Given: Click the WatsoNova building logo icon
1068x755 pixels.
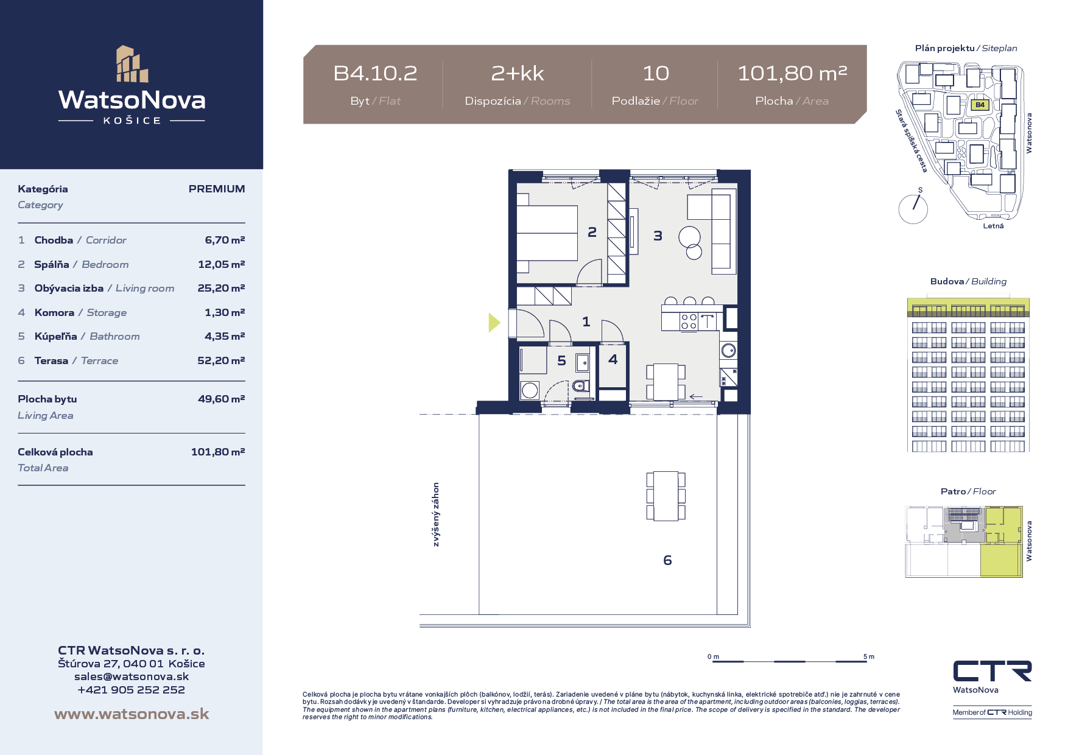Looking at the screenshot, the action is [x=132, y=64].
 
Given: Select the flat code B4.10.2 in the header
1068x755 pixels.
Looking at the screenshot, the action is [x=375, y=73].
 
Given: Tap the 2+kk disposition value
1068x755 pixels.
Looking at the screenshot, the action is [x=518, y=73].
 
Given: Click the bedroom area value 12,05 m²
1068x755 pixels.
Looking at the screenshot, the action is [x=221, y=264].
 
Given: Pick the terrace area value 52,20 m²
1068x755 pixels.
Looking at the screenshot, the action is [x=221, y=360].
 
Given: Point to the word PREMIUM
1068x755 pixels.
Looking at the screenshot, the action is [x=217, y=189].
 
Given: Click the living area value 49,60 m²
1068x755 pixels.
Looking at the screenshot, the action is [x=221, y=399].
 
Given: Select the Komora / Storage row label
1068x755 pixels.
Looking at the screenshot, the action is [x=81, y=312].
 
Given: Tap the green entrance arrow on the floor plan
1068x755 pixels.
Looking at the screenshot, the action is [x=494, y=322].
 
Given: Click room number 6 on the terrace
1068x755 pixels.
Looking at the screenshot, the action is [x=667, y=560].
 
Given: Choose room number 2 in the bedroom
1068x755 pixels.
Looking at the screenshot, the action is [x=592, y=232].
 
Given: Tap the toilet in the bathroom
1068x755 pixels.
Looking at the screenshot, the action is [x=581, y=385].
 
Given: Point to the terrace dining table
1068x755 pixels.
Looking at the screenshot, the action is [x=666, y=496].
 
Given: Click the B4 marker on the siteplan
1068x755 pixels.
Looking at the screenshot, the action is [x=980, y=105].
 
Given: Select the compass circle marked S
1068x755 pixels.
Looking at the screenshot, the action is [x=913, y=209].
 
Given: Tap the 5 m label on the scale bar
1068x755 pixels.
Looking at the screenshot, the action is [x=869, y=657].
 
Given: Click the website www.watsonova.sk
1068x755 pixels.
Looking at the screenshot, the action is [x=132, y=714].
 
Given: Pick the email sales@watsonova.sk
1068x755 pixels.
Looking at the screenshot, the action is [x=132, y=676].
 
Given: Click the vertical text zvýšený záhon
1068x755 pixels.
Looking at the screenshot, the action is [x=436, y=514].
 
